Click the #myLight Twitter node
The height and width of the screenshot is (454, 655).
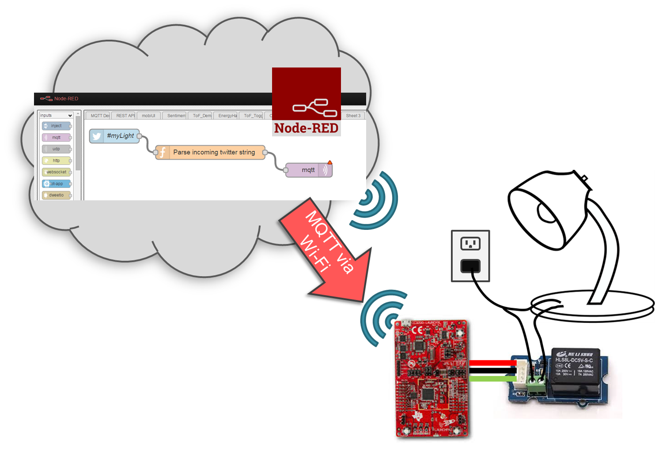(x=115, y=136)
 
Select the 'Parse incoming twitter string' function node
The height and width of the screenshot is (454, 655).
(x=211, y=152)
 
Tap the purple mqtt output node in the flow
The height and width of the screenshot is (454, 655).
(x=309, y=170)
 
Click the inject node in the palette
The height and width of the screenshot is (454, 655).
(x=56, y=126)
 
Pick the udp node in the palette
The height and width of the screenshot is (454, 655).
(x=56, y=149)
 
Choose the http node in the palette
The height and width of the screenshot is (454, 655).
(x=56, y=161)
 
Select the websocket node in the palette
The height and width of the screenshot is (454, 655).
(x=56, y=172)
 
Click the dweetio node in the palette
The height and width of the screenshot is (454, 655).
(x=56, y=195)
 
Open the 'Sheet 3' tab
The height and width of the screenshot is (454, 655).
(x=353, y=116)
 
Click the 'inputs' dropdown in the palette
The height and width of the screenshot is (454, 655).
(x=56, y=116)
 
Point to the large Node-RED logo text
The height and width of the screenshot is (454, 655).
(x=306, y=128)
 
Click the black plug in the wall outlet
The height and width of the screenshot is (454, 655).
(x=470, y=266)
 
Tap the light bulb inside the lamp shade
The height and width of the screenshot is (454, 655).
(x=546, y=213)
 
